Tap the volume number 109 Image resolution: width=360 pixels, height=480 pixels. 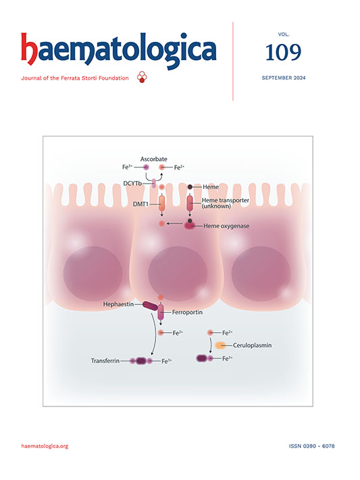(284, 52)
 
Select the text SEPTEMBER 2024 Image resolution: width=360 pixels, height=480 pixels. (284, 78)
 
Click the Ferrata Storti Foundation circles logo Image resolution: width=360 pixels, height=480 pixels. (142, 77)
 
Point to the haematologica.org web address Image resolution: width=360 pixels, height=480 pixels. (45, 446)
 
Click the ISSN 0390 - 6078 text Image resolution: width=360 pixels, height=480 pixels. (311, 446)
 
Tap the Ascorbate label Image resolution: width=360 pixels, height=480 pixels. (154, 159)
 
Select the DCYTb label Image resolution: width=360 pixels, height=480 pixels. (132, 184)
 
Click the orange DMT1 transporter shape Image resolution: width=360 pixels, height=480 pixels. (162, 204)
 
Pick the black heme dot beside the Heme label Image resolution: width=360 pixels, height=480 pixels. (190, 187)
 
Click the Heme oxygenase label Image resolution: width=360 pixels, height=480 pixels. (226, 226)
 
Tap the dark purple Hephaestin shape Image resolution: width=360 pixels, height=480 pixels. (151, 306)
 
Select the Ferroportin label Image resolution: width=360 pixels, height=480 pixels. (187, 313)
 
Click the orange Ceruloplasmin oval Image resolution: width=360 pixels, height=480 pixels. (220, 345)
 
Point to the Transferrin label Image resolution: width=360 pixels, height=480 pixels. (105, 361)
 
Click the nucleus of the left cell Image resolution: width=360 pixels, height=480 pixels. (93, 273)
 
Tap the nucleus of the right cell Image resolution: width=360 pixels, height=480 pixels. (261, 273)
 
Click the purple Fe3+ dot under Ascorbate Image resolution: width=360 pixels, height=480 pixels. (146, 167)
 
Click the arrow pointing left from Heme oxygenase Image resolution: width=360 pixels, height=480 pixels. (175, 223)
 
